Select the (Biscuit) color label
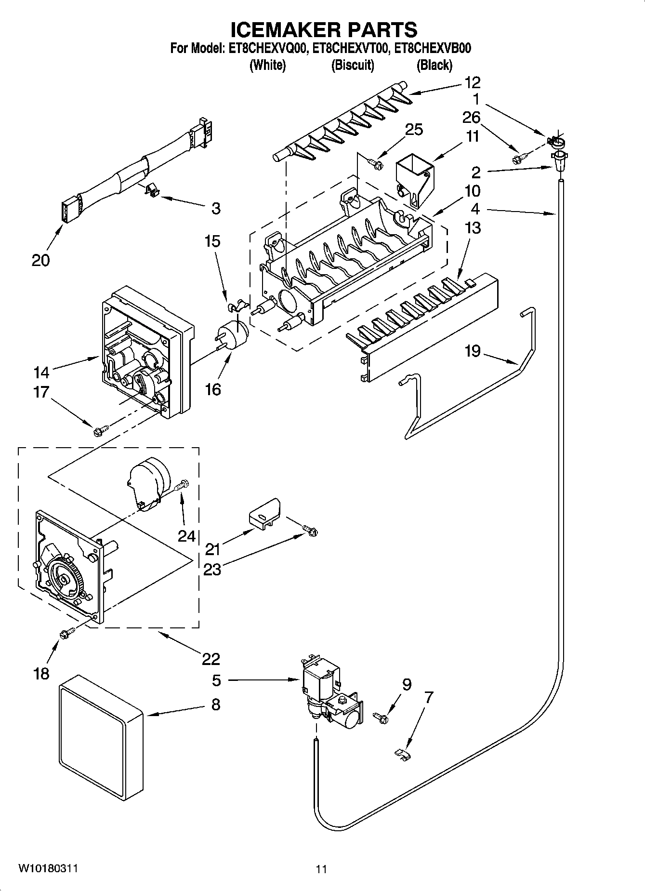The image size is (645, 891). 353,65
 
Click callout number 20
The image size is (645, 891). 40,260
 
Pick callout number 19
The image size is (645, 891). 473,351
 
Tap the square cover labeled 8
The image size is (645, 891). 102,737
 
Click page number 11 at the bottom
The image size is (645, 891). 321,869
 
